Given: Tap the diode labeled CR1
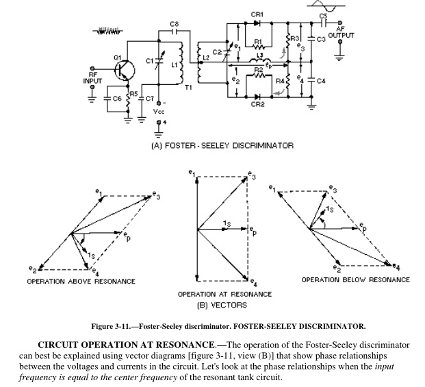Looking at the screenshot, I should click(257, 23).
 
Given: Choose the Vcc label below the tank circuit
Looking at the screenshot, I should click(159, 110).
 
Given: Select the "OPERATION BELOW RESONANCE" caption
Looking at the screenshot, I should click(356, 280).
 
